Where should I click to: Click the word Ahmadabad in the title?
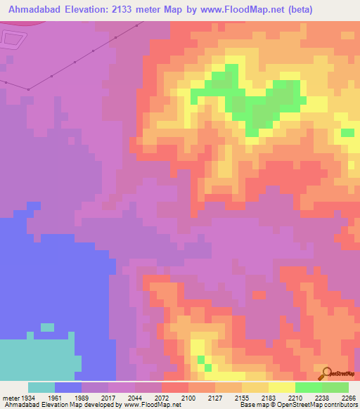[x=31, y=9]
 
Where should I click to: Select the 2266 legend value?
[x=347, y=397]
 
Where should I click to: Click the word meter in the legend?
[x=8, y=397]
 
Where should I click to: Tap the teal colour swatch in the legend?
[x=41, y=387]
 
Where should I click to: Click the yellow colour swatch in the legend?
[x=281, y=387]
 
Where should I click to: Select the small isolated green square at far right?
[x=347, y=133]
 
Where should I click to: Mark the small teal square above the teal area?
[x=47, y=327]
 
